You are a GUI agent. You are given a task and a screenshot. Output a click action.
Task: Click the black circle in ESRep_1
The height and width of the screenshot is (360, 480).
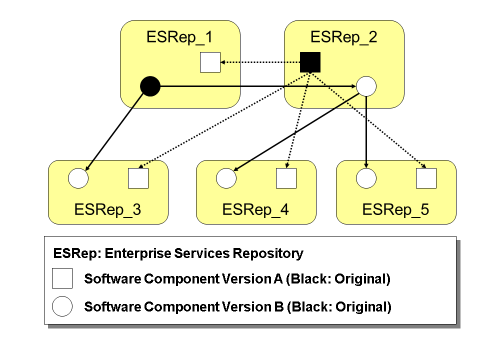coord(150,86)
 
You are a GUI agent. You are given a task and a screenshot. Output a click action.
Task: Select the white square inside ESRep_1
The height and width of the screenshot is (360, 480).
coord(210,62)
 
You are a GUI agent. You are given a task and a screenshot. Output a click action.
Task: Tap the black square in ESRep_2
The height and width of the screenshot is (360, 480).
coord(310,62)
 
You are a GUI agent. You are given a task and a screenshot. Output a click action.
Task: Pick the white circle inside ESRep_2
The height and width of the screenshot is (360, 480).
coord(366,86)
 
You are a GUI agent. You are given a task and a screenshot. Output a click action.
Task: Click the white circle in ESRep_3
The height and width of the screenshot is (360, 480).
coord(78,178)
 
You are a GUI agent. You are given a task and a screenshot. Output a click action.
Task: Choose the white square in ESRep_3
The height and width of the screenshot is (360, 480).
coord(138,178)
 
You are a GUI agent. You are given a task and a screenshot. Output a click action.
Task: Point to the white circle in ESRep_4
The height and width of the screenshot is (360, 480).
coord(226,178)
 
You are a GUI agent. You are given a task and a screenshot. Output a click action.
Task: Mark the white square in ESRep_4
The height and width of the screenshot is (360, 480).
coord(286,178)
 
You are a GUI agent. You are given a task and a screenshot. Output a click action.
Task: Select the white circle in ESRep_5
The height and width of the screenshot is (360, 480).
coord(366,178)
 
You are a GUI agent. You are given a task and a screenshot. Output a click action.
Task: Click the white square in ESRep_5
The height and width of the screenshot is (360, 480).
coord(426,178)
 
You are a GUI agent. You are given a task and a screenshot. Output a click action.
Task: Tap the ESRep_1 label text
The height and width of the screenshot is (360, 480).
coord(179,37)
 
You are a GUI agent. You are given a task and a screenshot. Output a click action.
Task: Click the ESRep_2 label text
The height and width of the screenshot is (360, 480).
coord(343,37)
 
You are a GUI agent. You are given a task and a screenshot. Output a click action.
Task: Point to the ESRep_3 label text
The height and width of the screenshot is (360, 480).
coord(107,209)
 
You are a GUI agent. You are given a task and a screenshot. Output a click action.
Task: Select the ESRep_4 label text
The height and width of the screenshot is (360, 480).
coord(255,209)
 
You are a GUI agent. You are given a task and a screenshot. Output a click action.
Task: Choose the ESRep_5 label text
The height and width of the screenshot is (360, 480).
coord(395,209)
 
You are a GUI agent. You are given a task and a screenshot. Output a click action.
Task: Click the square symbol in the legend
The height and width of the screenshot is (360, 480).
coord(62,278)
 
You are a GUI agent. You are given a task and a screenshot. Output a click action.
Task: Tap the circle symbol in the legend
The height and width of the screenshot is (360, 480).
coord(62,306)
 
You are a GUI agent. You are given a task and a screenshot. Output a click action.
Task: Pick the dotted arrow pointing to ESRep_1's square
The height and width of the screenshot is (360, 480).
coord(260,62)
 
